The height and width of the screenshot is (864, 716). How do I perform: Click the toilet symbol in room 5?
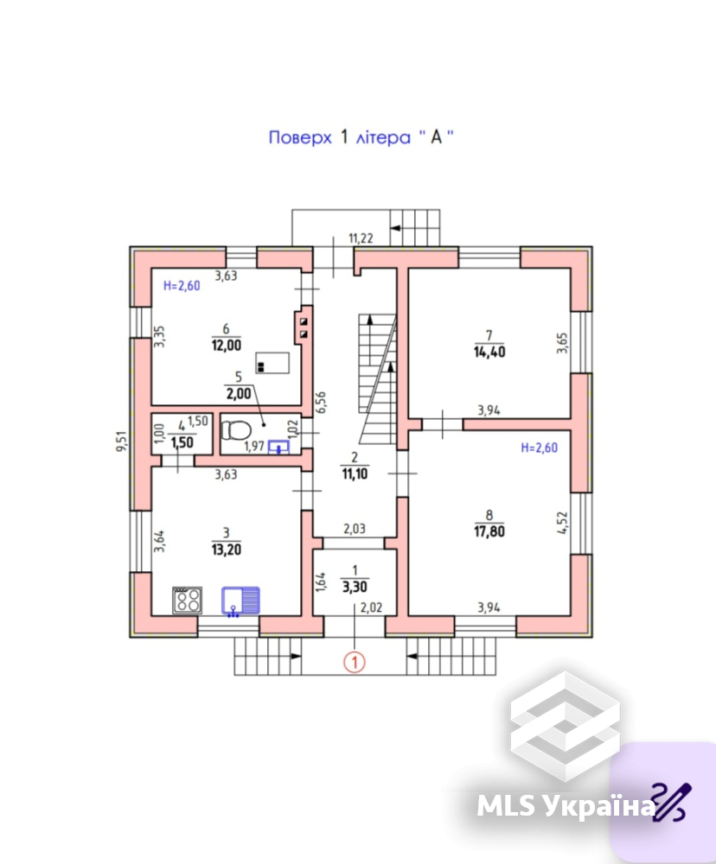tap(236, 430)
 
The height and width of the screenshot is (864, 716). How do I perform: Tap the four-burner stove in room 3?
tap(188, 600)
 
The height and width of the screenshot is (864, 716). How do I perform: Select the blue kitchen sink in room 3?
tap(240, 600)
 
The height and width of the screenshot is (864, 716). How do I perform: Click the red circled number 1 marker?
tap(355, 662)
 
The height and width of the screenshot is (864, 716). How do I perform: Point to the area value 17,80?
tap(489, 531)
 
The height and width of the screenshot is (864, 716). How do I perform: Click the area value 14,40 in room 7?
tap(489, 352)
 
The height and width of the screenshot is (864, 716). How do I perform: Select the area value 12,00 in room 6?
tap(227, 346)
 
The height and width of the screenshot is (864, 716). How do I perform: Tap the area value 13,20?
tap(227, 550)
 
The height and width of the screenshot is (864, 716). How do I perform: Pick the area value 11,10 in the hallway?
tap(355, 473)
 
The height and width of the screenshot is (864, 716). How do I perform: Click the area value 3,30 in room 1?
tap(355, 587)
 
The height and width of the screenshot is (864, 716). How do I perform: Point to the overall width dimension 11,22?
tap(361, 238)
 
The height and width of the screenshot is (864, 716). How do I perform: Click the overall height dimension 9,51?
tap(121, 442)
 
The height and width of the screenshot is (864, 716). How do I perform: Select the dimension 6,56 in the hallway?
tap(321, 403)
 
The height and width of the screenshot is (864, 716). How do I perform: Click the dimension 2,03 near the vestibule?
tap(355, 529)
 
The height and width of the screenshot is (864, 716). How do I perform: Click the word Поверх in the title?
tap(300, 137)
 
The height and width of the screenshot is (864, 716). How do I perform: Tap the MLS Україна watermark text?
tap(566, 805)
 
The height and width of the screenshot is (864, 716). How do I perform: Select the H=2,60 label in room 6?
tap(182, 285)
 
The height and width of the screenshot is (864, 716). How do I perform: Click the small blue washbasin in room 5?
tap(278, 447)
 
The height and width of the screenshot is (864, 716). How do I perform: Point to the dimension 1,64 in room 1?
tap(321, 582)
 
